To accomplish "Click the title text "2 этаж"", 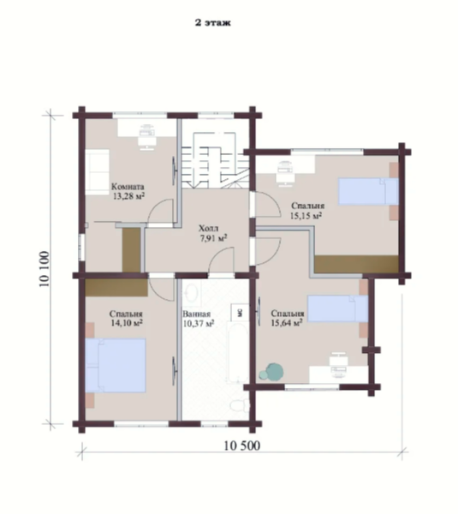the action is [x=213, y=22].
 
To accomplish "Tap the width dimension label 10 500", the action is [x=242, y=445].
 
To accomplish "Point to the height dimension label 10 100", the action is [x=45, y=269].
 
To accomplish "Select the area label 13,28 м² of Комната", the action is [x=128, y=196].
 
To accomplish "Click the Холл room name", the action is [x=209, y=228].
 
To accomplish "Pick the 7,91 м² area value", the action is [x=214, y=237].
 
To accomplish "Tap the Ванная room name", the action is [x=197, y=314].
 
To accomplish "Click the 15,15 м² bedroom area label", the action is [x=306, y=215].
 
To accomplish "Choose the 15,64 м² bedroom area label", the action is [x=286, y=323].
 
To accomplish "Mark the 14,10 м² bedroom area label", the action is [x=126, y=323].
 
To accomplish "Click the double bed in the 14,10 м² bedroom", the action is [x=116, y=366].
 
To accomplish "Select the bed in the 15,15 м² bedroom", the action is [x=368, y=191].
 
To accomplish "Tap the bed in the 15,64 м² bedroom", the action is [x=338, y=308].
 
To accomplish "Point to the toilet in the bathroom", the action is [x=240, y=405].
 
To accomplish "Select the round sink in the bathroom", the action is [x=191, y=291].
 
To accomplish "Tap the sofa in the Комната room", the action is [x=98, y=172].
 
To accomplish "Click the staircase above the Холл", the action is [x=215, y=160].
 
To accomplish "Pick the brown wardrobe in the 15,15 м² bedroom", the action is [x=356, y=264].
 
